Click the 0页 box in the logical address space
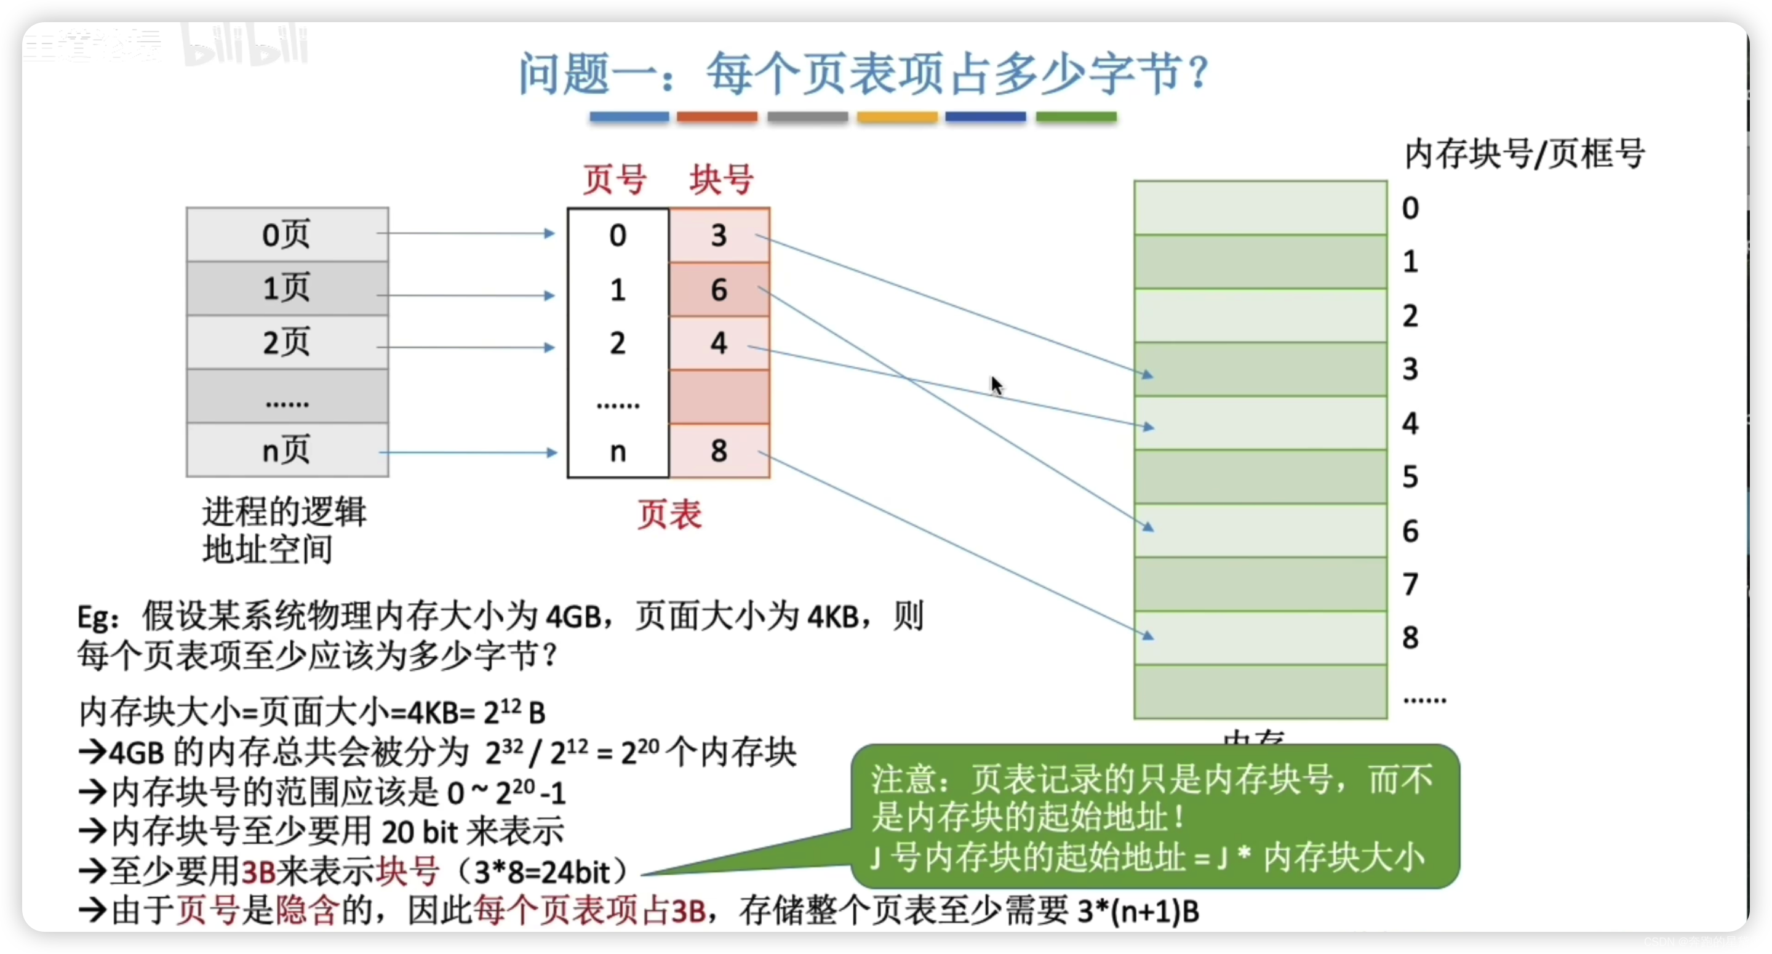coord(287,234)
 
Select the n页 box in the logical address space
coord(287,451)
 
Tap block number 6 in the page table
coord(719,290)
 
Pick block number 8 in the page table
coord(719,451)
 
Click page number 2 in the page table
coord(618,343)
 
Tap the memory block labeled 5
coord(1259,477)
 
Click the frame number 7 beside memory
coord(1410,584)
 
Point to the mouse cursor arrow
coord(996,385)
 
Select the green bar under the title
coord(1076,117)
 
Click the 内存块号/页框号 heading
coord(1523,153)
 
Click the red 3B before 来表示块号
coord(258,872)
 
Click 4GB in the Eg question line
coord(573,617)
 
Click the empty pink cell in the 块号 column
coord(719,397)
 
